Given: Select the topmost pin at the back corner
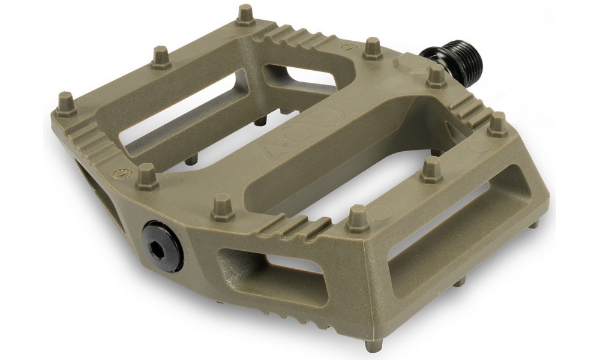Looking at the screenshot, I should [245, 16].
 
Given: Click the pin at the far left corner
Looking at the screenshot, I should [65, 103].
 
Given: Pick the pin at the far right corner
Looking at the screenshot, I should [497, 124].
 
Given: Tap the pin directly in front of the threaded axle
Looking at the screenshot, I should [436, 76].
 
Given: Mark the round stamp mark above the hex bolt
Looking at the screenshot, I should [119, 174].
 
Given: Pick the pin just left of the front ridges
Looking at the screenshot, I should [223, 206].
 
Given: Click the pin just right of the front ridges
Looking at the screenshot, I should [358, 218].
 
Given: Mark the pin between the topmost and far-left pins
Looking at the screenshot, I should [161, 58].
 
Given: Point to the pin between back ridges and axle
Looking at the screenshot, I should [372, 49].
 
